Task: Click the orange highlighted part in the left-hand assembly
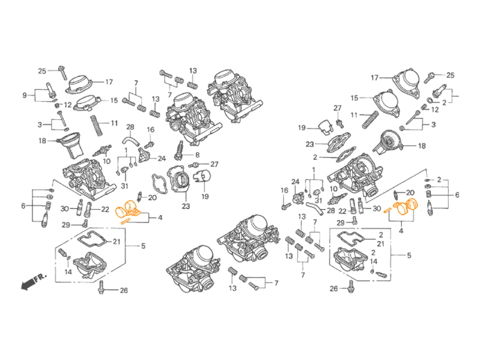click(128, 210)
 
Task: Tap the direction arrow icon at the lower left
click(31, 282)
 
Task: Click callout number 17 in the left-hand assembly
click(109, 82)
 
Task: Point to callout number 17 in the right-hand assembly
click(375, 77)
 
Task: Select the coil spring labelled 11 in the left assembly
click(95, 125)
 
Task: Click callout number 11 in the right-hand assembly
click(353, 115)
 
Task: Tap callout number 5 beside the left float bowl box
click(143, 246)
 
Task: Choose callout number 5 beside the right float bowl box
click(409, 255)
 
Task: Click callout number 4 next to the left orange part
click(161, 217)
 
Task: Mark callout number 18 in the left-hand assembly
click(41, 141)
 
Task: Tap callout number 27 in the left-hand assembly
click(214, 164)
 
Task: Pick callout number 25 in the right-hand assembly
click(450, 75)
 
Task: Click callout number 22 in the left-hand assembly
click(105, 208)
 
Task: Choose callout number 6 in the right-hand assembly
click(456, 195)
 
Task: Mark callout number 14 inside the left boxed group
click(68, 271)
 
